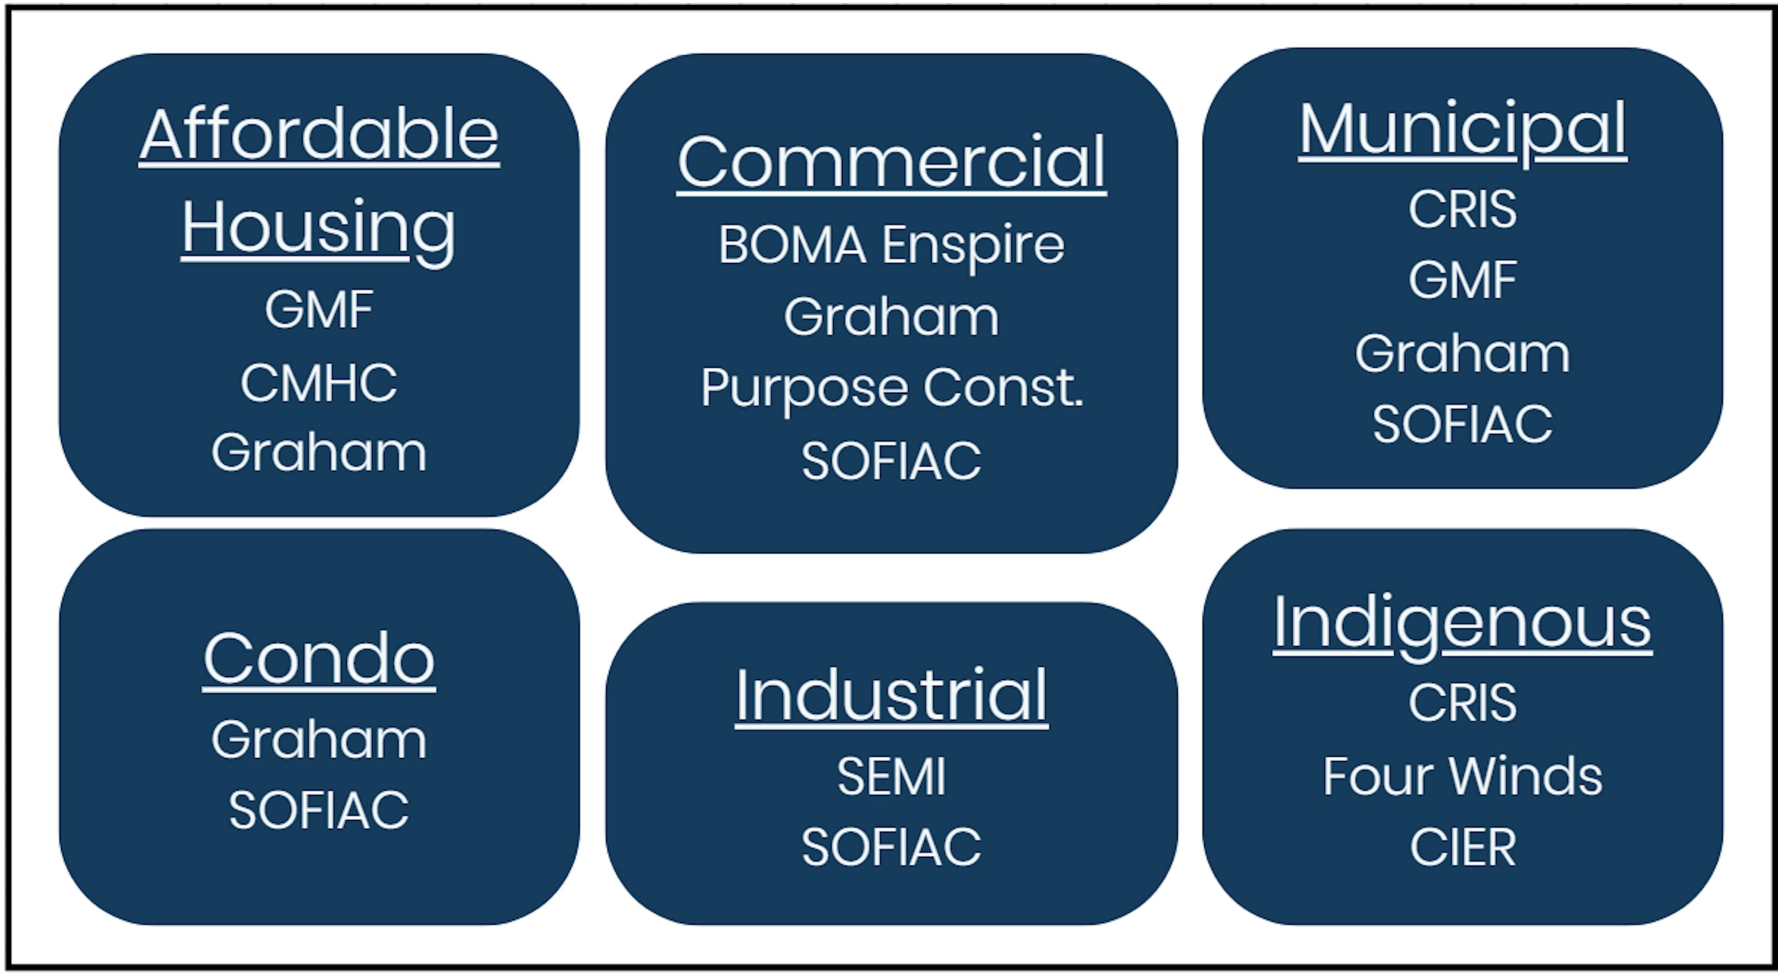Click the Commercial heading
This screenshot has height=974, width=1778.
[891, 162]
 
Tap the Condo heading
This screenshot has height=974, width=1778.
[319, 659]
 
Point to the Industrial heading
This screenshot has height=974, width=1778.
[891, 695]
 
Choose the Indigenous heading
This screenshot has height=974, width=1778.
[1462, 622]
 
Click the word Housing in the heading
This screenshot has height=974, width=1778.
[319, 228]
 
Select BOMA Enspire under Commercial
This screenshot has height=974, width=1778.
[891, 245]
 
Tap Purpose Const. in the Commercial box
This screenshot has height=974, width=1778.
[891, 388]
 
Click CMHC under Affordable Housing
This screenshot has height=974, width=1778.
[319, 383]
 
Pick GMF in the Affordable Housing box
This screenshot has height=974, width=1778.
[319, 309]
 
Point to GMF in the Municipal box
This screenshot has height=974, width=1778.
[1462, 280]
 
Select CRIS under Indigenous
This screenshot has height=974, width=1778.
[1462, 703]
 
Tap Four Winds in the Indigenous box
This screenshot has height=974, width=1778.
[1462, 776]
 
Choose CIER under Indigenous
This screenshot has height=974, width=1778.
[1462, 847]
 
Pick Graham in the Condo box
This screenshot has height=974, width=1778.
[319, 739]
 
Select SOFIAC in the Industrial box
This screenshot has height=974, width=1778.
[891, 847]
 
